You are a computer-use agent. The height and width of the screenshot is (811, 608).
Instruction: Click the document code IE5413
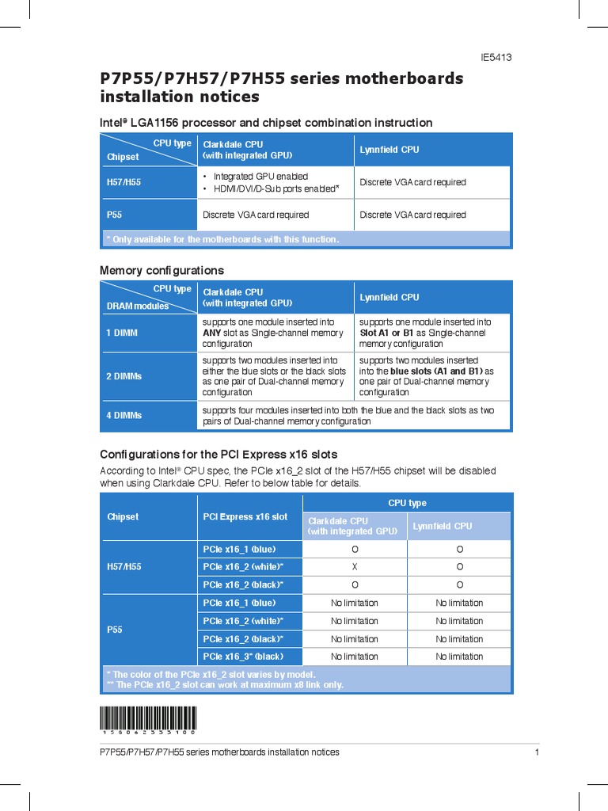tap(496, 58)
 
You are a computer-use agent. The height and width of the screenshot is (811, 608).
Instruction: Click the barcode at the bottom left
tap(148, 720)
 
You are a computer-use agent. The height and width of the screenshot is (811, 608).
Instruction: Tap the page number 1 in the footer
tap(537, 752)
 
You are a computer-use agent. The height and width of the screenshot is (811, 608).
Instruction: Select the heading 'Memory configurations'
tap(161, 271)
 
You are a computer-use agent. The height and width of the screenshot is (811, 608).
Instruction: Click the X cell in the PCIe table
tap(355, 567)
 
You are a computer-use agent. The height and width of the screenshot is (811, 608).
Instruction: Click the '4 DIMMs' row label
tap(123, 416)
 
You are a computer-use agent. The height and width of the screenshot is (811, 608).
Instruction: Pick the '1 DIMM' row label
tap(122, 333)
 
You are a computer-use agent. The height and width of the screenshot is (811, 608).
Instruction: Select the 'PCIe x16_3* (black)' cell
tap(243, 657)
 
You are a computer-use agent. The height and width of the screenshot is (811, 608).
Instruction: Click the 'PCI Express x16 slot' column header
tap(245, 517)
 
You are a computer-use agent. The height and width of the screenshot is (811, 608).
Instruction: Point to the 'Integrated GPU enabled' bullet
tap(260, 177)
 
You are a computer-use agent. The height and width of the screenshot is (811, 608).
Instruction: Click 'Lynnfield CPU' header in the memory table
tap(389, 298)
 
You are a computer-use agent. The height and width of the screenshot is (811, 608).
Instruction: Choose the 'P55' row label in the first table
tap(114, 215)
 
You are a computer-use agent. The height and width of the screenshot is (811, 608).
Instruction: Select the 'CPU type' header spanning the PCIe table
tap(407, 503)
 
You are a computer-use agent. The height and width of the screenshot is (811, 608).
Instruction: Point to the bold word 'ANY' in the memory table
tap(211, 333)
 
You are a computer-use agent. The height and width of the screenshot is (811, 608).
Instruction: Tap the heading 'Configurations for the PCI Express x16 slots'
tap(218, 455)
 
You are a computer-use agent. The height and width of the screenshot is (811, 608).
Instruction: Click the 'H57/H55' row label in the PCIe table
tap(123, 567)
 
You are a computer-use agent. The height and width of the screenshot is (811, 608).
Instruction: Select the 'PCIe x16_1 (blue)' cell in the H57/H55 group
tap(239, 550)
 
